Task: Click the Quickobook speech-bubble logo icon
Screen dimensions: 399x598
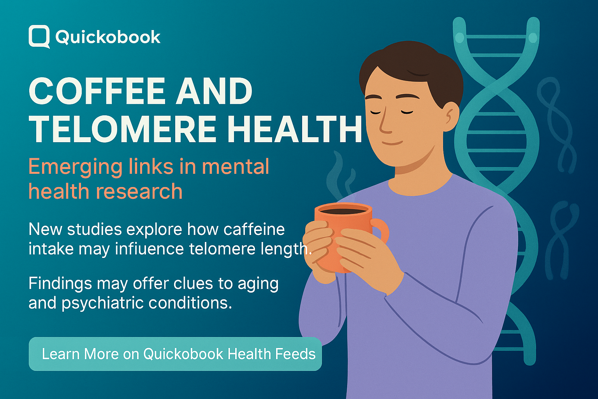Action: tap(39, 37)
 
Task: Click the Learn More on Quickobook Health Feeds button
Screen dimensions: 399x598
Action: tap(175, 354)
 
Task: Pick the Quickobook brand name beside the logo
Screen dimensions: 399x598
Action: tap(108, 37)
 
